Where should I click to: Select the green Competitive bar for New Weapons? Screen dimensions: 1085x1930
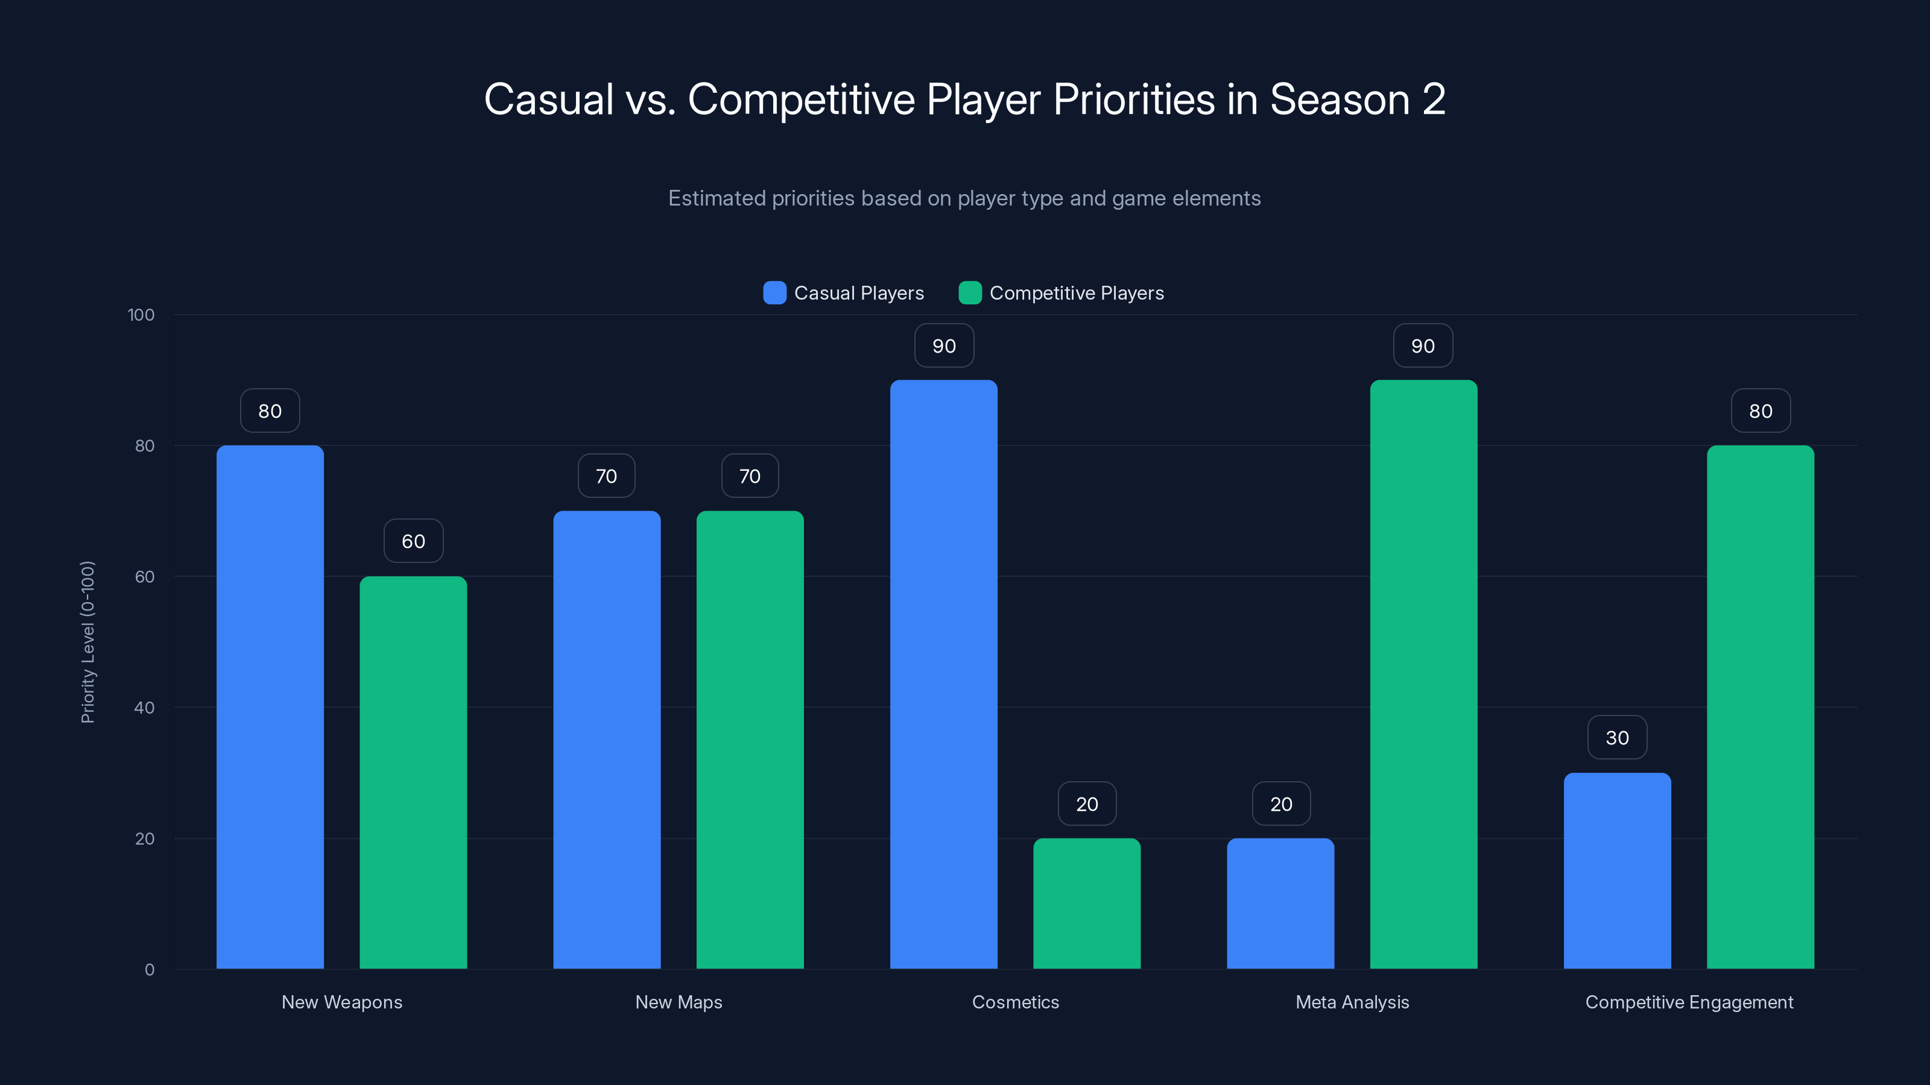click(x=413, y=772)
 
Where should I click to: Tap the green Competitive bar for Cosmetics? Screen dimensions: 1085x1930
click(x=1086, y=903)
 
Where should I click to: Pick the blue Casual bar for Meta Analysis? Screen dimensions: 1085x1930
click(x=1280, y=903)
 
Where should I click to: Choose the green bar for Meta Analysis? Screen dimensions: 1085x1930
click(x=1423, y=674)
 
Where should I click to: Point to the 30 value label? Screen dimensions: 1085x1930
click(x=1617, y=738)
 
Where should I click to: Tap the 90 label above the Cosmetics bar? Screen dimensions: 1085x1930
click(x=944, y=346)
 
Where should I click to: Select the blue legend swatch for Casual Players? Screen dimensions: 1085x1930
click(x=774, y=293)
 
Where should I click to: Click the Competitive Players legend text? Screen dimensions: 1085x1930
click(x=1077, y=293)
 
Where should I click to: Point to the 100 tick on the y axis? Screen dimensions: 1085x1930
click(x=141, y=315)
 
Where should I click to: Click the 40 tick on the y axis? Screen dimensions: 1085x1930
click(x=145, y=708)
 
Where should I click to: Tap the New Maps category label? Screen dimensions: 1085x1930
click(x=679, y=1002)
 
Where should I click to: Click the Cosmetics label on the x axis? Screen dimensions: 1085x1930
click(x=1015, y=1002)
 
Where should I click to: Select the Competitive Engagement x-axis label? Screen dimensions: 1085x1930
click(x=1689, y=1002)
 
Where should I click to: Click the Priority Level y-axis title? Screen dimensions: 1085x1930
click(x=87, y=642)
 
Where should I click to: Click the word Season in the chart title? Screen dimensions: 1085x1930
click(x=1340, y=99)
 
